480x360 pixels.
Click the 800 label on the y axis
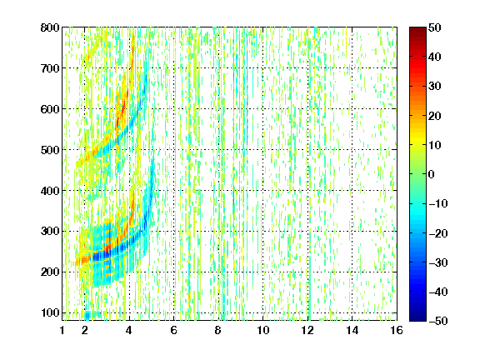tap(50, 27)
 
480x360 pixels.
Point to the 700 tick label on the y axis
tap(50, 68)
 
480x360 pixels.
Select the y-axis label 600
tap(50, 109)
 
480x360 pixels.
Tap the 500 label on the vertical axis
tap(50, 150)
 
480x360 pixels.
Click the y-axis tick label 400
tap(50, 191)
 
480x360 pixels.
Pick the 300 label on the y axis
tap(50, 232)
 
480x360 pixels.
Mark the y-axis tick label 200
tap(50, 272)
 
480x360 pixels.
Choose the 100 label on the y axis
tap(50, 312)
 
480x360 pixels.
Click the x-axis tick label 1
tap(62, 330)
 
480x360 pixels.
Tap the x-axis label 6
tap(174, 330)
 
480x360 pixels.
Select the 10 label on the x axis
tap(263, 330)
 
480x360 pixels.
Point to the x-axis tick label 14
tap(352, 330)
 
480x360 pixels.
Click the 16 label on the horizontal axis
tap(397, 330)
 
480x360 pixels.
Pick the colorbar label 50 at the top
tap(435, 27)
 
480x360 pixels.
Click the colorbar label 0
tap(432, 174)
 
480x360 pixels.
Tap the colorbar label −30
tap(438, 262)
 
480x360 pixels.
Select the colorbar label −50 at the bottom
tap(438, 321)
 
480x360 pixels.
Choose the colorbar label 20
tap(435, 116)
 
